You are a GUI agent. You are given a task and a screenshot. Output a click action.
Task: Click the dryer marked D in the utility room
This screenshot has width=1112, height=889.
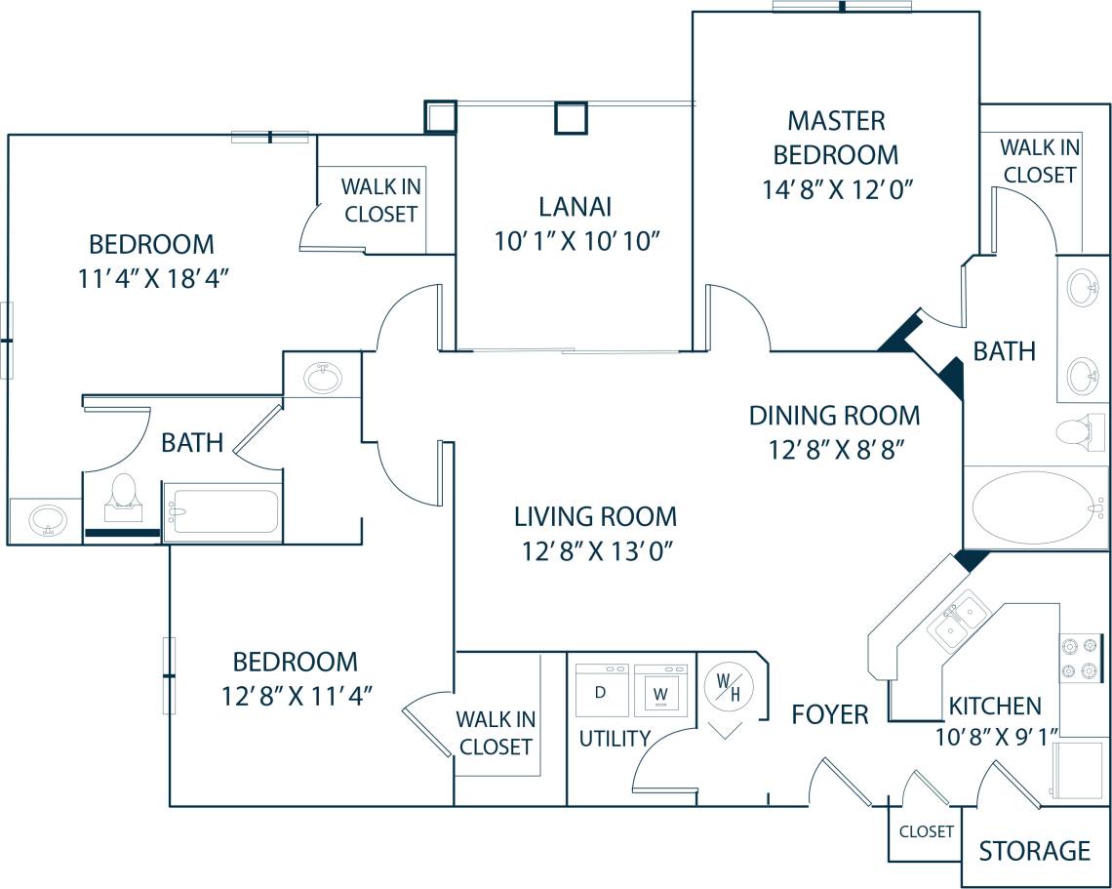pyautogui.click(x=602, y=691)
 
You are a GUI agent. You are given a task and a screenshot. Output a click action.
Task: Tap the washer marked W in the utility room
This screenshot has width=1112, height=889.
pyautogui.click(x=660, y=691)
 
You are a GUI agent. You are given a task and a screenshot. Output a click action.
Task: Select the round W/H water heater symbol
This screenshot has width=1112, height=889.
pyautogui.click(x=728, y=687)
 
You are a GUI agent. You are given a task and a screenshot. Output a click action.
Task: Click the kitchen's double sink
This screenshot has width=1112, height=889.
pyautogui.click(x=958, y=620)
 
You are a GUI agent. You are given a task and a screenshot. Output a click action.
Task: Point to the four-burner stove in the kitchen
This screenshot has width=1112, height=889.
pyautogui.click(x=1080, y=658)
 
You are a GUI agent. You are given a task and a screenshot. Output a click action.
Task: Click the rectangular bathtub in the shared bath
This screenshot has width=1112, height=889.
pyautogui.click(x=222, y=510)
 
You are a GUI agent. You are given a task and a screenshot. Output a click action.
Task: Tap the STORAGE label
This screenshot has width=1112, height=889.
pyautogui.click(x=1034, y=851)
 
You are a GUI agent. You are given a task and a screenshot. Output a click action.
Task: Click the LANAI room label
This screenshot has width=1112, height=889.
pyautogui.click(x=575, y=207)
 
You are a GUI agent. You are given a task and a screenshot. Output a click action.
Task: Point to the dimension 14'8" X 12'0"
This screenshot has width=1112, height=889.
pyautogui.click(x=837, y=188)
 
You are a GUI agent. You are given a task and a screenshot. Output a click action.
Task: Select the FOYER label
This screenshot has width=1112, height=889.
pyautogui.click(x=829, y=714)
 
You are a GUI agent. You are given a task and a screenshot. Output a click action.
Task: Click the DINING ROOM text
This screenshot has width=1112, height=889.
pyautogui.click(x=834, y=415)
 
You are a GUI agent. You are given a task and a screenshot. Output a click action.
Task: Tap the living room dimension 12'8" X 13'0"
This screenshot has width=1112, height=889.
pyautogui.click(x=597, y=551)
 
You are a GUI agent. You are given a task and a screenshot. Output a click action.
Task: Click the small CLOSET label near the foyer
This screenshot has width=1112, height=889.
pyautogui.click(x=926, y=831)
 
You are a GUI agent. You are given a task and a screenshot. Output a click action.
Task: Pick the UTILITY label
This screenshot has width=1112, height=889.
pyautogui.click(x=615, y=739)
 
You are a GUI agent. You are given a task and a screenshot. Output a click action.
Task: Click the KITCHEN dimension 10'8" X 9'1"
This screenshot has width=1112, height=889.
pyautogui.click(x=996, y=738)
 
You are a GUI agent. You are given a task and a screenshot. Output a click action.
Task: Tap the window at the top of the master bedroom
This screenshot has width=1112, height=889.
pyautogui.click(x=843, y=7)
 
